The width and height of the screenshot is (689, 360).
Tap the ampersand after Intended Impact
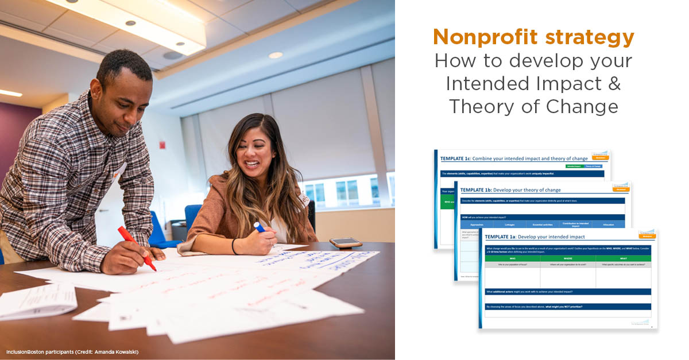(614, 83)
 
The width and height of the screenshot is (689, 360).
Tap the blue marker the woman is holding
(260, 227)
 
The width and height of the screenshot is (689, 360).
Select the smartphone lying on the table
(346, 243)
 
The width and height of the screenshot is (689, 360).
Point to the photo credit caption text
(72, 351)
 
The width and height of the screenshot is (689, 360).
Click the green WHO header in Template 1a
(512, 258)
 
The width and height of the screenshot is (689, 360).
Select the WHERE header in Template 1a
(567, 258)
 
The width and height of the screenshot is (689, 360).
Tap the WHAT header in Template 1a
(623, 258)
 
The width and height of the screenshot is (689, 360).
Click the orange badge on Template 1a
(647, 235)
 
